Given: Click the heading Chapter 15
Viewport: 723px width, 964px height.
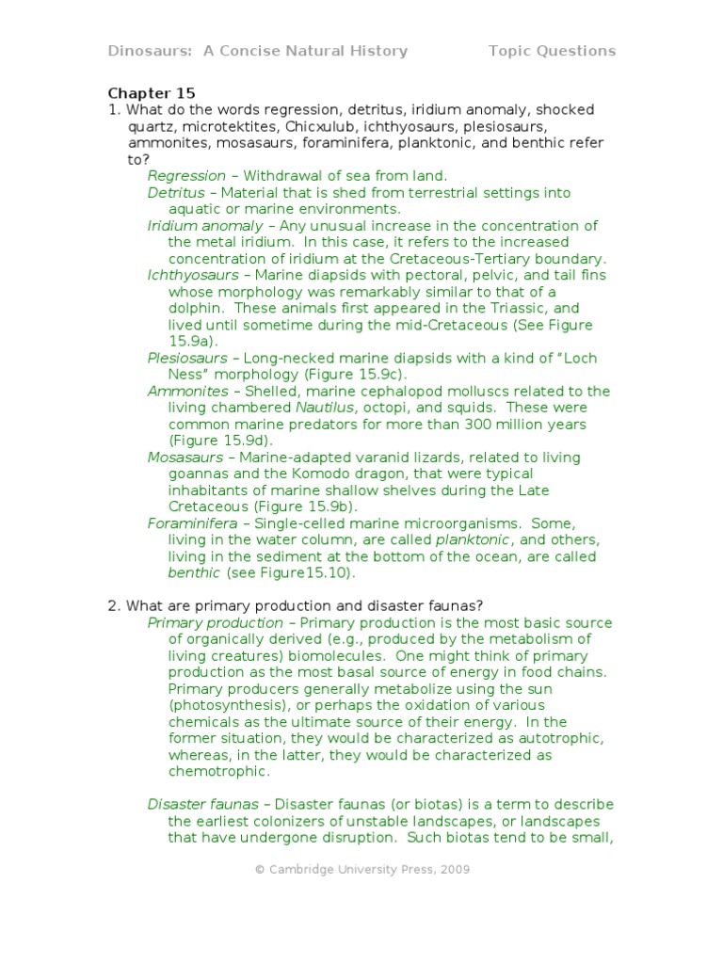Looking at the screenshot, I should click(152, 93).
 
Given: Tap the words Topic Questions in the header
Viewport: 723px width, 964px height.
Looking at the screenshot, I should click(552, 51).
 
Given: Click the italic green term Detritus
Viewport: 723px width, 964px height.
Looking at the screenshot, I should click(176, 192).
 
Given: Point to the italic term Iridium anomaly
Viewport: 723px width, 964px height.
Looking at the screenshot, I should click(205, 226).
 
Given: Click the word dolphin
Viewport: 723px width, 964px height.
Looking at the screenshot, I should click(198, 308).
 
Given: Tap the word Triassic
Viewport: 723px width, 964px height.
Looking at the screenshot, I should click(482, 308).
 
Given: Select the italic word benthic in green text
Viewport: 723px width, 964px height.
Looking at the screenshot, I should click(194, 572).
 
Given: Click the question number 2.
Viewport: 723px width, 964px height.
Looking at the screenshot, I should click(112, 604).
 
